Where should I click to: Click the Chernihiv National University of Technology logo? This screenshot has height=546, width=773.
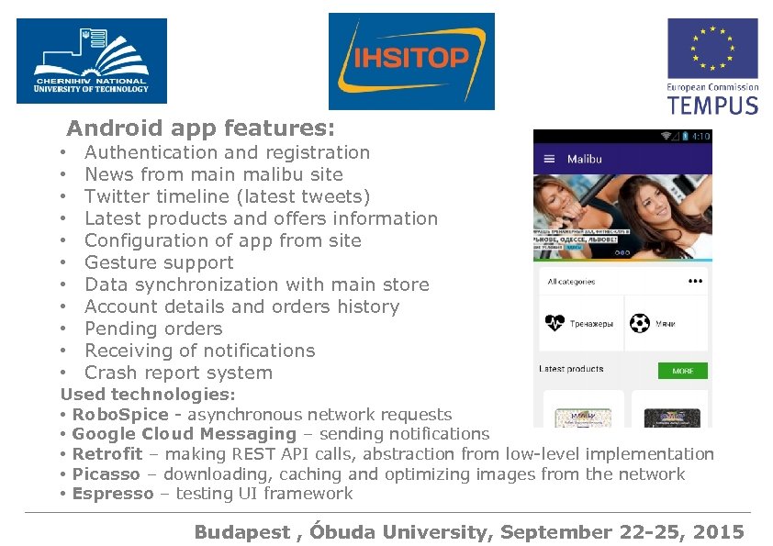point(91,61)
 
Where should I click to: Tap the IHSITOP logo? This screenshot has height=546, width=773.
point(411,61)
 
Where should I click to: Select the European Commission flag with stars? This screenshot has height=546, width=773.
point(712,49)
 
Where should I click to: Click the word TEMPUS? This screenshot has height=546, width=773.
point(712,104)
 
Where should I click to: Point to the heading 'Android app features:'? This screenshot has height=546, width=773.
point(200,128)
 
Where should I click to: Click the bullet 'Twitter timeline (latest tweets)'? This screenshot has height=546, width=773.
point(227,196)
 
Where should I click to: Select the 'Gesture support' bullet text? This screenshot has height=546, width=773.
point(159,262)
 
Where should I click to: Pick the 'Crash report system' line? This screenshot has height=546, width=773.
point(178,373)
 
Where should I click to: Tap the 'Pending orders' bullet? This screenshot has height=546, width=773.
point(153,329)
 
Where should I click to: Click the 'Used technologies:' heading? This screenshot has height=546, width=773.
point(148,394)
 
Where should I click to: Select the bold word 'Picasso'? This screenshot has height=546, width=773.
point(106,474)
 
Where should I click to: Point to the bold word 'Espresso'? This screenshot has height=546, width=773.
point(113,494)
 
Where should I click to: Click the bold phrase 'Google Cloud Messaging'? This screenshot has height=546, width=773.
point(184,434)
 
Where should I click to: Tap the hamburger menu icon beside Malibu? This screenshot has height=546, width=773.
point(549,159)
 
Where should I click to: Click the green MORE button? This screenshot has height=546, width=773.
point(682,371)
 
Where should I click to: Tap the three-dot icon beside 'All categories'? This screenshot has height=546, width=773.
point(695,282)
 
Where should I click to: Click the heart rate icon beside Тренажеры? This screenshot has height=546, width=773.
point(555,324)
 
